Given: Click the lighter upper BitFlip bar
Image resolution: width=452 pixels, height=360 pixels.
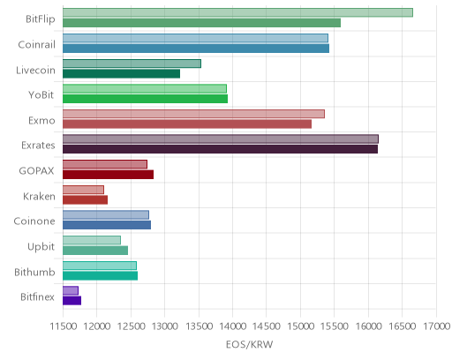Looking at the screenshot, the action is coord(237,12).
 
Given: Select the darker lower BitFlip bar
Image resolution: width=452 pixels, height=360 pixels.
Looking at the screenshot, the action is coord(201,23).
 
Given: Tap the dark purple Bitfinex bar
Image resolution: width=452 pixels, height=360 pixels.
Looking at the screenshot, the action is coord(72,301).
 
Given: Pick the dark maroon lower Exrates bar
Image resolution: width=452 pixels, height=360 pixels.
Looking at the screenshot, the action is coord(220,149).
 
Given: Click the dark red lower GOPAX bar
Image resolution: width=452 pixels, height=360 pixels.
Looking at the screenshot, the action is coord(108,175).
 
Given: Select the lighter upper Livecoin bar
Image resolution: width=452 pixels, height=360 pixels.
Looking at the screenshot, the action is coord(132,64).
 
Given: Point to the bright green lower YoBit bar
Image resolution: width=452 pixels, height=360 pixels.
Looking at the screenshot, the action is coord(145,99).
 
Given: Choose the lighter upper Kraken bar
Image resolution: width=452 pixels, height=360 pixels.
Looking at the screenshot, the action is coord(83,190).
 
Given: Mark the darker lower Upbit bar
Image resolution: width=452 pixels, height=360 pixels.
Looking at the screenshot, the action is coord(95,251).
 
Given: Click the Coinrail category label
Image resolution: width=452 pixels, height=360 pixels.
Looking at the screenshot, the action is coord(36,45).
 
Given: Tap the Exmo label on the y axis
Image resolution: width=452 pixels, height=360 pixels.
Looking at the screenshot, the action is coord(41,121).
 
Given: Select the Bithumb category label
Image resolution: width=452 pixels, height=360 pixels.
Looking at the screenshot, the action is coord(34,272).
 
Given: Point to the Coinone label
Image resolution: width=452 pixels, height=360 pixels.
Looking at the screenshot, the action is coord(34,221).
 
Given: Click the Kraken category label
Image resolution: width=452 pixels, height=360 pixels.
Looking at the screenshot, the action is coord(39,196).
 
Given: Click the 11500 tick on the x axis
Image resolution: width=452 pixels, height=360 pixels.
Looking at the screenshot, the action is coord(64,326).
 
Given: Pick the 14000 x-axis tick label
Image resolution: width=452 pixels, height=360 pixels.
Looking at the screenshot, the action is coord(232,326).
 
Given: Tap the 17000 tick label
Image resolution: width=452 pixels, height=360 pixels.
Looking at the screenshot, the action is coord(436,326).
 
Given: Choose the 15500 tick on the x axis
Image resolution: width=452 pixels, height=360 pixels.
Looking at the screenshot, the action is coord(335,326).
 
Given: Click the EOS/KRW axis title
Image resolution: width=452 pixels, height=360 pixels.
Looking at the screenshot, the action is coord(249,344).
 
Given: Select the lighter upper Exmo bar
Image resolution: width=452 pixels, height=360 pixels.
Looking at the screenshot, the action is coord(193,114).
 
